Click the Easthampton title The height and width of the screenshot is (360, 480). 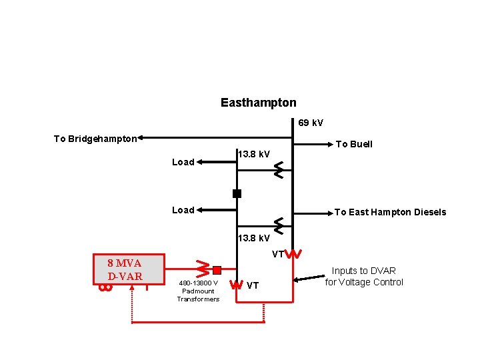point(258,103)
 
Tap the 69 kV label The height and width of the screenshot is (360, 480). point(310,123)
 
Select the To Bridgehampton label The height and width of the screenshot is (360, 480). point(95,139)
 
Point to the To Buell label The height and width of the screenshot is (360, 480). point(354,144)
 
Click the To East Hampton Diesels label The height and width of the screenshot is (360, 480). point(390,212)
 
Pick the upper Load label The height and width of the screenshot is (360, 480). point(183,162)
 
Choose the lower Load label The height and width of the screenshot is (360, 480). point(183,210)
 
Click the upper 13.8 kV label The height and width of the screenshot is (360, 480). point(254,155)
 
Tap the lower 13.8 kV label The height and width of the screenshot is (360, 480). point(254,238)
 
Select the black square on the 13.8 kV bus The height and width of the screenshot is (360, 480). point(237,194)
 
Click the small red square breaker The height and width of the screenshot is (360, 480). point(217,270)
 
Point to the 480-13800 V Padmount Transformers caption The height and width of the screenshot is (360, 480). point(198,291)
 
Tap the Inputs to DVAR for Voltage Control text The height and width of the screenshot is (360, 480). point(364,276)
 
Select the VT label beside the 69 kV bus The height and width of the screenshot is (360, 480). point(277,254)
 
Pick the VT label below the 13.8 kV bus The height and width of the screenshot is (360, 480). point(253,285)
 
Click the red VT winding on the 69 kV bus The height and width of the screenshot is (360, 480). point(295,254)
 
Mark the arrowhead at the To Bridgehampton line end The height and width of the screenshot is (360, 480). point(142,139)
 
